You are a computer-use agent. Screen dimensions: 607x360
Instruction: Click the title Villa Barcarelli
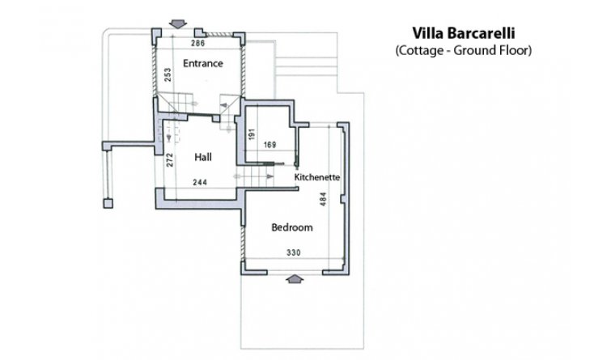click(x=464, y=33)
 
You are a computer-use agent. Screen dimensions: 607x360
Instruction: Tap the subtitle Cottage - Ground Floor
click(x=464, y=50)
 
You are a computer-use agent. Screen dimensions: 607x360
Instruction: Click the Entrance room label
click(x=203, y=63)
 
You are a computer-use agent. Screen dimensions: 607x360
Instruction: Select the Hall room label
click(x=203, y=157)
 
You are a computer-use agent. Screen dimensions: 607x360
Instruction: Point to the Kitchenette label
click(x=317, y=177)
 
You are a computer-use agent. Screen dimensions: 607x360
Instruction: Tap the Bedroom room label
click(x=292, y=227)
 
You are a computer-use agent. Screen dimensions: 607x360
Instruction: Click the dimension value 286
click(x=197, y=43)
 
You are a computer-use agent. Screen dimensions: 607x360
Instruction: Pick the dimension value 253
click(x=168, y=74)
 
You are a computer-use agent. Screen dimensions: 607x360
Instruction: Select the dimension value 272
click(x=170, y=160)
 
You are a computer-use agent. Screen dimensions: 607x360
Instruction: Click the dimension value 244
click(x=200, y=182)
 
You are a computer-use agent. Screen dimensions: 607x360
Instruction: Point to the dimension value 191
click(x=252, y=134)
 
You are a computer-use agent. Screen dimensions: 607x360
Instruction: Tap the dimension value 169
click(x=270, y=145)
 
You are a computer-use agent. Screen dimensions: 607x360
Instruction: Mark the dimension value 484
click(x=323, y=199)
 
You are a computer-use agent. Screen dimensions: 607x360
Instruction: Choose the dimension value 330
click(x=294, y=252)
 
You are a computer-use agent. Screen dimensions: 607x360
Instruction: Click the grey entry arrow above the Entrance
click(x=178, y=24)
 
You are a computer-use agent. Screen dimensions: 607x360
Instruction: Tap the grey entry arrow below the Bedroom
click(x=295, y=279)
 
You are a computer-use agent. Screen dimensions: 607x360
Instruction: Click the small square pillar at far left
click(x=108, y=203)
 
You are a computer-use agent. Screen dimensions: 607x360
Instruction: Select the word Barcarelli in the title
click(x=481, y=33)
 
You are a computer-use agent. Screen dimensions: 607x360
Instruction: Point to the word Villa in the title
click(x=427, y=33)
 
